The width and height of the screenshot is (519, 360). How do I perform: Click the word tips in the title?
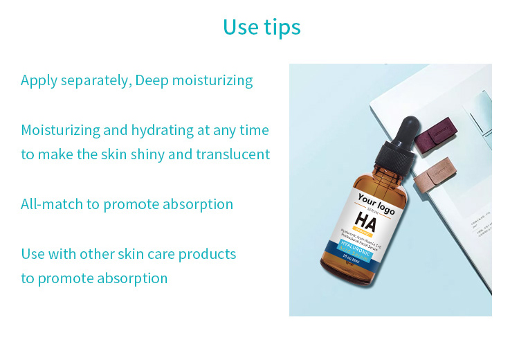(x=282, y=27)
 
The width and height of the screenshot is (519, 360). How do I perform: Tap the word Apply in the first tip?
(x=39, y=80)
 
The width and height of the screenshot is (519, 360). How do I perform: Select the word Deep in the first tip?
(x=152, y=80)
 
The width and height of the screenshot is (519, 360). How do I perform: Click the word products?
(x=207, y=254)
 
